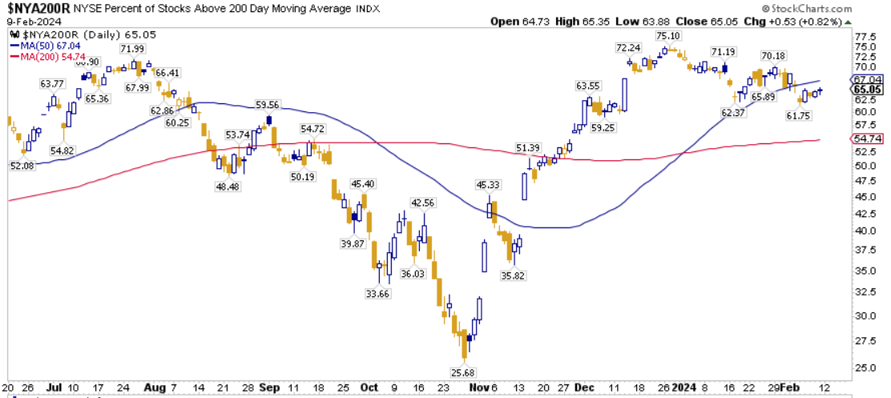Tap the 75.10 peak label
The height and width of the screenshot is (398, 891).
(668, 36)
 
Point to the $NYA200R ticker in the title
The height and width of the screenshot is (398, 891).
(36, 8)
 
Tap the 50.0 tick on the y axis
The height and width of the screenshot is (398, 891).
(862, 166)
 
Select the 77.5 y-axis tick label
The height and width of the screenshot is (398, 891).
(862, 37)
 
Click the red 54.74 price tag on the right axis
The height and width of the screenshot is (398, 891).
(869, 139)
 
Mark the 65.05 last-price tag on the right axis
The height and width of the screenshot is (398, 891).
(869, 90)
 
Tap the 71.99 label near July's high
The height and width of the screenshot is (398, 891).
(133, 50)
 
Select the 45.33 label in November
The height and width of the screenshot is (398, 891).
(488, 185)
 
